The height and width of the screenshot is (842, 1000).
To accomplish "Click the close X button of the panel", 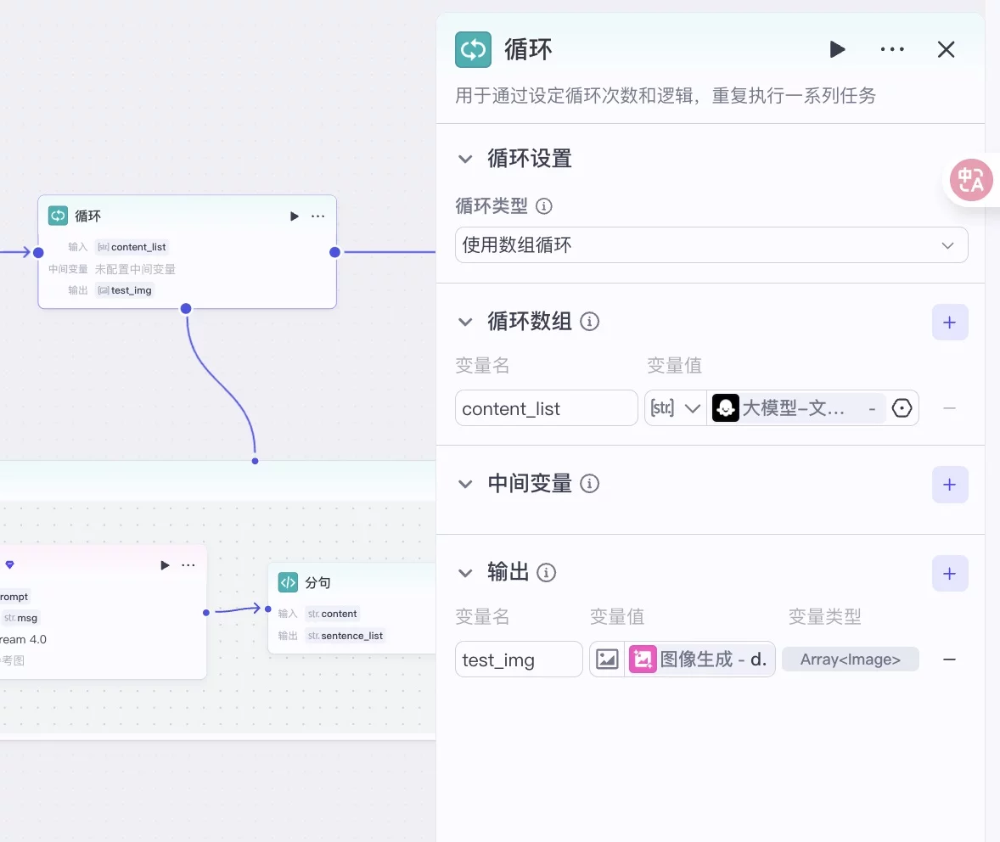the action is coord(946,49).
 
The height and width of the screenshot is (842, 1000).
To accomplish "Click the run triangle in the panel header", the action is coord(837,49).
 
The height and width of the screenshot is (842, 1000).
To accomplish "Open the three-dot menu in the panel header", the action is coord(892,49).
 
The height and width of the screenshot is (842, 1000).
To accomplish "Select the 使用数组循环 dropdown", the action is coord(711,245).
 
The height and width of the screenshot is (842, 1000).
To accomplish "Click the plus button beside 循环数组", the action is coord(949,323).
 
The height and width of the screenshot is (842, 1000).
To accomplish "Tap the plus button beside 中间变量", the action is coord(949,485).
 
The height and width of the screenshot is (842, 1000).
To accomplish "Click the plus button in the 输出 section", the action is coord(949,574).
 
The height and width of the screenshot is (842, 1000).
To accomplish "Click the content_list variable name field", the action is coord(546,408).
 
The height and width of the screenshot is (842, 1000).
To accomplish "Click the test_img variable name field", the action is coord(518,660).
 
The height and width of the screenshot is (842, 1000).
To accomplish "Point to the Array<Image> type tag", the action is coord(850,660).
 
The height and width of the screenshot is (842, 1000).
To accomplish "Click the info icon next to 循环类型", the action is coord(545,206).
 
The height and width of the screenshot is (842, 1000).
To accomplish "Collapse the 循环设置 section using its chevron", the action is coord(465,159).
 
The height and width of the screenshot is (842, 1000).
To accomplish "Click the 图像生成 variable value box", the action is coord(699,660).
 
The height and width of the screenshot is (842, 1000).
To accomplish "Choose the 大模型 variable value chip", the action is coord(794,408).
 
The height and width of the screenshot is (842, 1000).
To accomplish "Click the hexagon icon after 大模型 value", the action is coord(902,408).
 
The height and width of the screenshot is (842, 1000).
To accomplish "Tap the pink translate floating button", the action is coord(971,180).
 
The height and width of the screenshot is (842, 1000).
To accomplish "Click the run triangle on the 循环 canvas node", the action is coord(294,216).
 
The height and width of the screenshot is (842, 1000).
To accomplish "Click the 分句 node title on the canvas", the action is coord(317,583).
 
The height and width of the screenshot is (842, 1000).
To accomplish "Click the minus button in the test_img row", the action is coord(949,660).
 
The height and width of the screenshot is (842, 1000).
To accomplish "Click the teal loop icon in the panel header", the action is coord(473,49).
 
